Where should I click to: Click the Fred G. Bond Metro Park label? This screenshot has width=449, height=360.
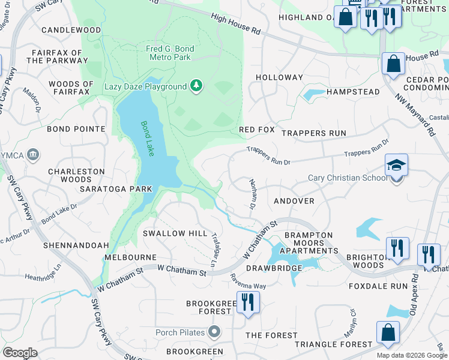168,53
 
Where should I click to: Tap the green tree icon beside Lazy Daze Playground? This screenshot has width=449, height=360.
196,86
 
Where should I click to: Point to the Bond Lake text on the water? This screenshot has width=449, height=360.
147,139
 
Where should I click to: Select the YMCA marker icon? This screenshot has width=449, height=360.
34,154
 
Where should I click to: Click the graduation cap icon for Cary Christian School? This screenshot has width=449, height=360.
396,165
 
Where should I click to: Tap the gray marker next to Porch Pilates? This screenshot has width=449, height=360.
214,331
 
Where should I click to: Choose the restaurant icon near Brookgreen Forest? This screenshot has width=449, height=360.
247,302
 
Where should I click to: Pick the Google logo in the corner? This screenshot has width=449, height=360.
20,353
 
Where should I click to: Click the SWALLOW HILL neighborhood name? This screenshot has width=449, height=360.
175,233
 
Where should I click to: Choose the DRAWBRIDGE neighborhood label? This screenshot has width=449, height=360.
270,268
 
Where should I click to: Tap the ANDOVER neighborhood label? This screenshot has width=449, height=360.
294,201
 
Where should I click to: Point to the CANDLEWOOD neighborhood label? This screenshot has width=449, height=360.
71,29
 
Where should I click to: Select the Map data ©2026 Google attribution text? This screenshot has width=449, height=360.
412,355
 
